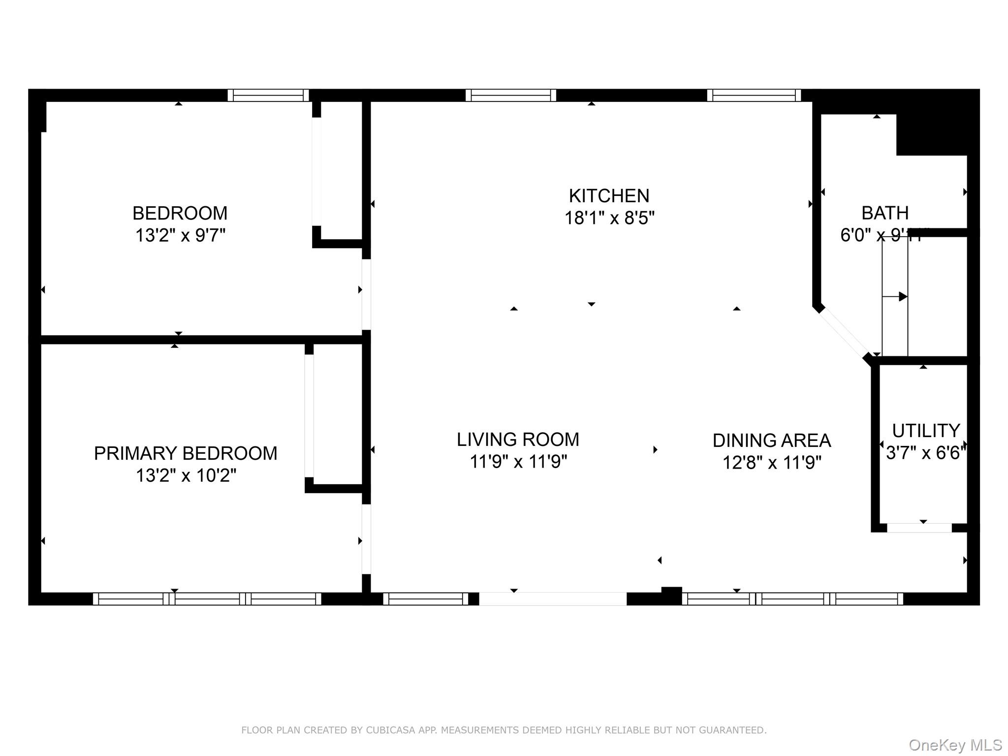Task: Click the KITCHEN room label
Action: coord(609,196)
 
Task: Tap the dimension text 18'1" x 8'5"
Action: coord(609,218)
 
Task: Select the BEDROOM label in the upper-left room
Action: coord(180,213)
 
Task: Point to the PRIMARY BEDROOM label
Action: coord(186,453)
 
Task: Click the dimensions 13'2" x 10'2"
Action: coord(186,475)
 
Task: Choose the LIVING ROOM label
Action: coord(518,440)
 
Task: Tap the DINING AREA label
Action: coord(771,441)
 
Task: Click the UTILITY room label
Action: coord(926,431)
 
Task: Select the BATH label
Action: coord(884,213)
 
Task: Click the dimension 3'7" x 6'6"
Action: coord(926,453)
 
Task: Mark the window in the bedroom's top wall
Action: coord(268,95)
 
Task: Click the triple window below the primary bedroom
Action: coord(207,598)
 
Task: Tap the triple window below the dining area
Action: coord(792,598)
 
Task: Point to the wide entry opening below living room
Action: coord(552,598)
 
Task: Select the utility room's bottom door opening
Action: coord(919,528)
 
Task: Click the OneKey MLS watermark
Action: coord(955,745)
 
